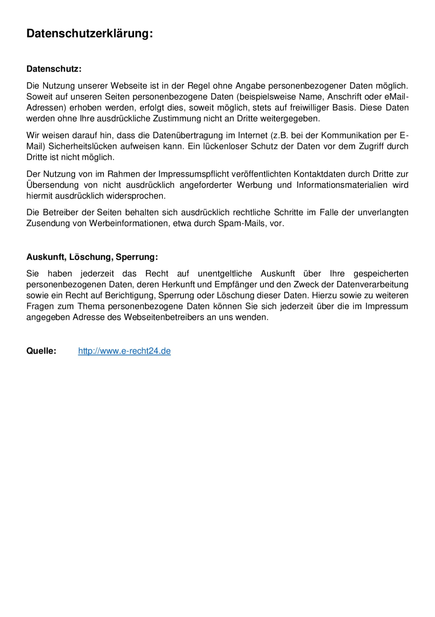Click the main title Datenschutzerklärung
click(89, 34)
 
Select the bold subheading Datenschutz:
click(54, 69)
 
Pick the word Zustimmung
click(177, 118)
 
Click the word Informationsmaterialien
click(342, 185)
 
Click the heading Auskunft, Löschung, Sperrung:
click(92, 257)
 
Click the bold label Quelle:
click(41, 351)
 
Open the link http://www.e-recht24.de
click(124, 351)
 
